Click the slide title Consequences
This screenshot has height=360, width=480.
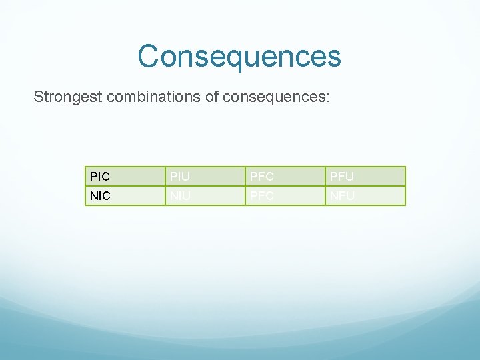(239, 56)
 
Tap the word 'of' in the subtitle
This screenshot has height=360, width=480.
(212, 97)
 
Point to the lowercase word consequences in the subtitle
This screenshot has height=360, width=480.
(273, 97)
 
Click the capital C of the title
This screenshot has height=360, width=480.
(149, 56)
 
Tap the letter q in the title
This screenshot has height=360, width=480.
(231, 59)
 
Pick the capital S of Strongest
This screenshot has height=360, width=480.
(39, 97)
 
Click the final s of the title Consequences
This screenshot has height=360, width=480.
(334, 58)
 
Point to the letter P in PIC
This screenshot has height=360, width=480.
(93, 177)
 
